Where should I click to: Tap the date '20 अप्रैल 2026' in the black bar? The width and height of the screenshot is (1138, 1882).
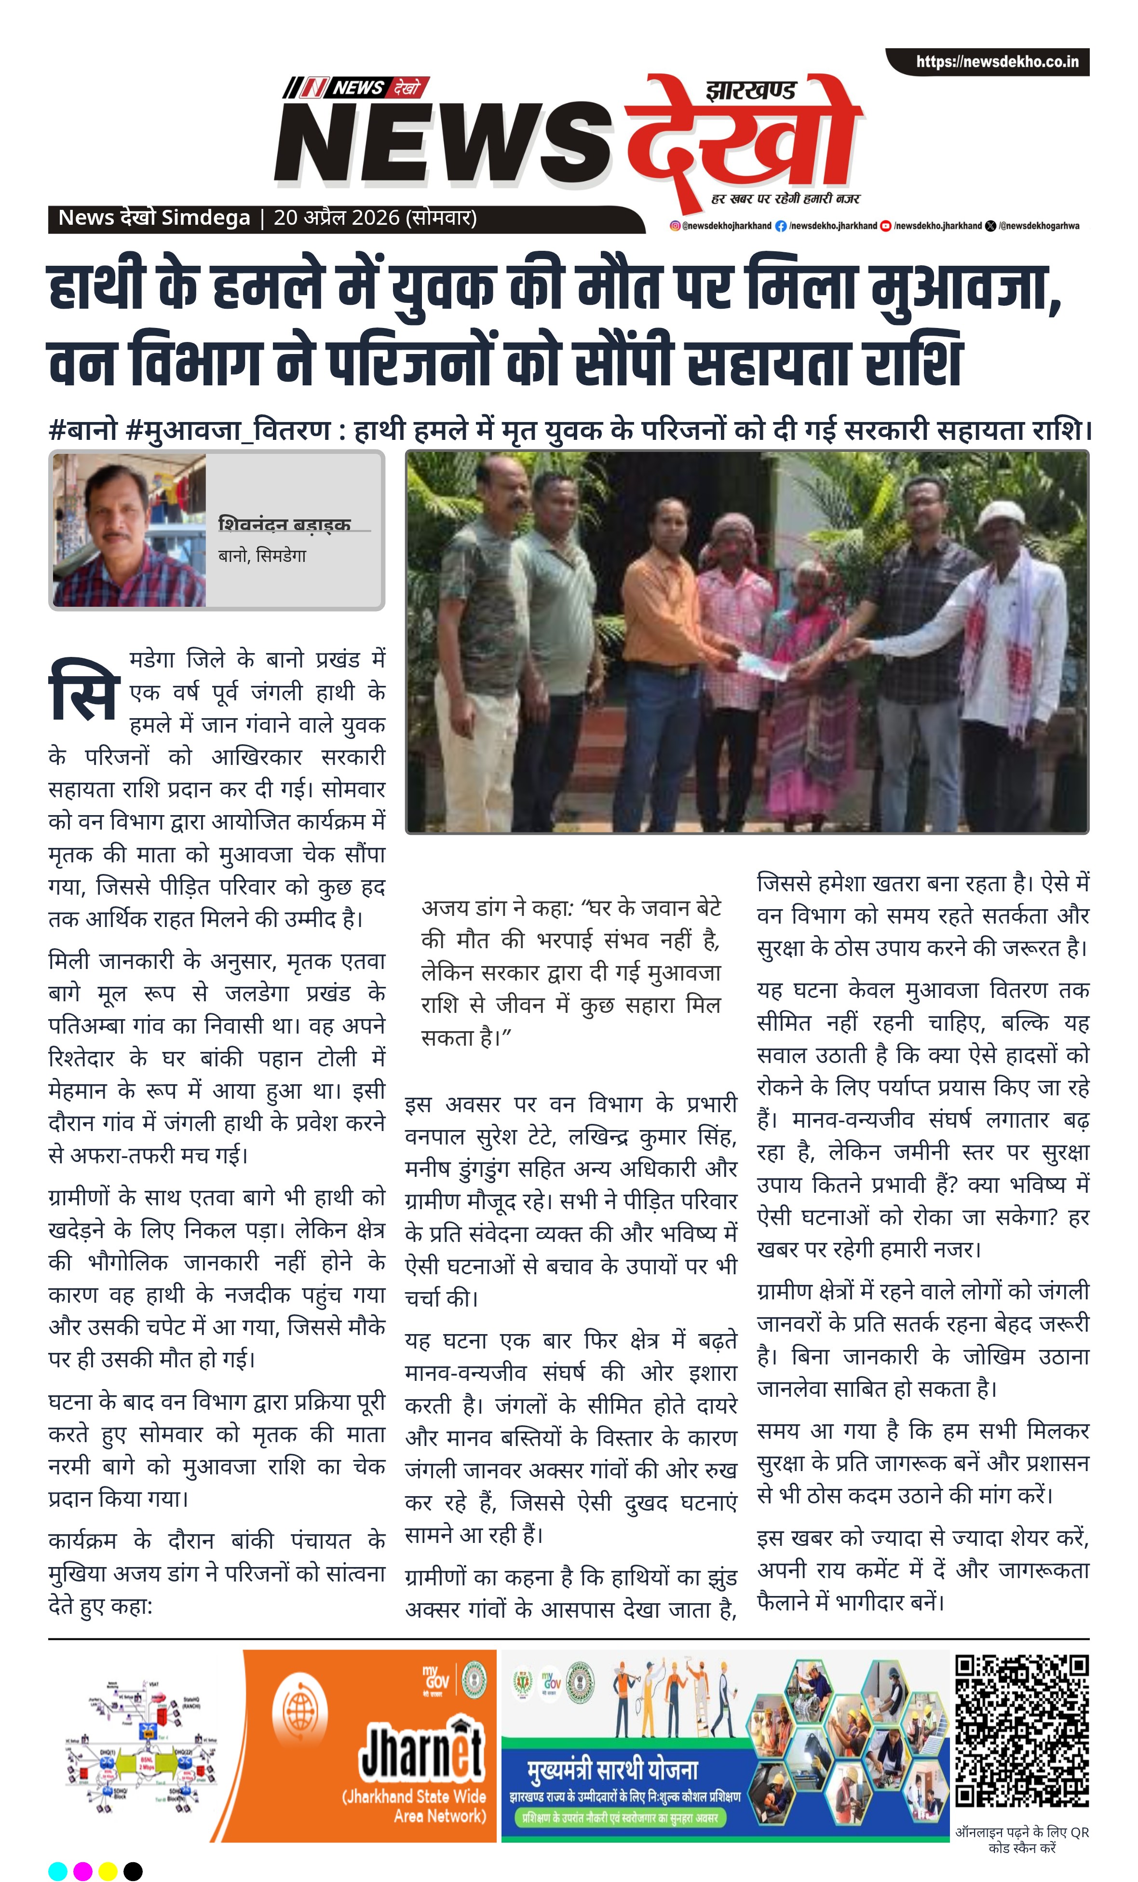click(337, 218)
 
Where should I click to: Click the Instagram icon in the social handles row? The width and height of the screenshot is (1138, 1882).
click(675, 226)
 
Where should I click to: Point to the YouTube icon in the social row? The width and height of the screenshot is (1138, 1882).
click(886, 226)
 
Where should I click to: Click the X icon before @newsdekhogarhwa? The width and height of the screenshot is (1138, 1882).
click(990, 226)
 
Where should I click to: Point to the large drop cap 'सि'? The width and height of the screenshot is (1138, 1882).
click(84, 691)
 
